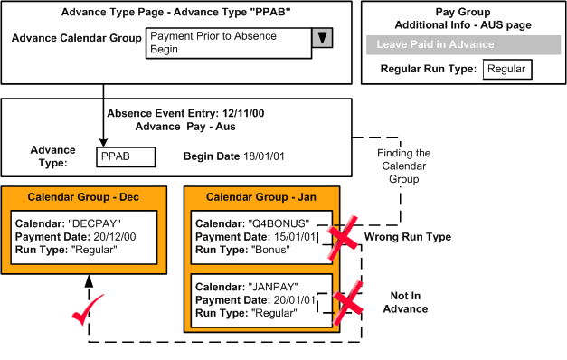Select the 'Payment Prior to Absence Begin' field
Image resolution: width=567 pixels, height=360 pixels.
[226, 43]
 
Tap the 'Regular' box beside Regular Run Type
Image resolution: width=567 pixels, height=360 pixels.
[505, 69]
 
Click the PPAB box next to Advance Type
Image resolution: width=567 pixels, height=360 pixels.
[126, 156]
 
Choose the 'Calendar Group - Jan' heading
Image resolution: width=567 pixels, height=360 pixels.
[260, 196]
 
